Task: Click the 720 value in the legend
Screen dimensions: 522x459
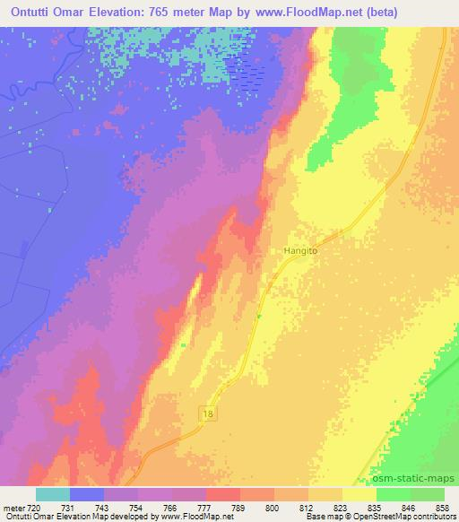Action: pos(35,507)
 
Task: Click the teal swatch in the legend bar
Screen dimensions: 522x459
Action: pos(53,494)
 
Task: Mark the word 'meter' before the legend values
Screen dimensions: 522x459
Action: pos(13,507)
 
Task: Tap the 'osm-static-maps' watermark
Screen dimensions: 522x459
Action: pos(421,478)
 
